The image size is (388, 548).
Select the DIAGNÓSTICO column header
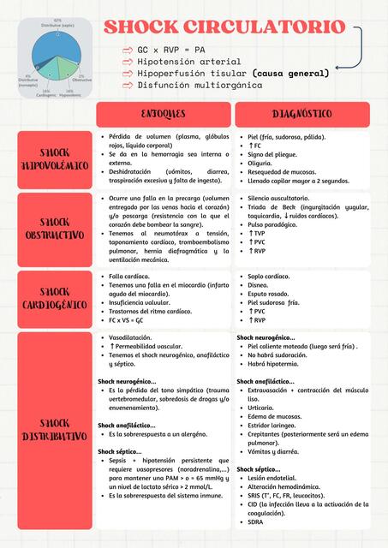pos(302,114)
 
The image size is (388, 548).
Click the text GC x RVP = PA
pos(171,51)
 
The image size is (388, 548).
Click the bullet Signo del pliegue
pos(273,154)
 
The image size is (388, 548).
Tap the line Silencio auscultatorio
pos(284,198)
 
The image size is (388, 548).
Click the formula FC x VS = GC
pos(126,319)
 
